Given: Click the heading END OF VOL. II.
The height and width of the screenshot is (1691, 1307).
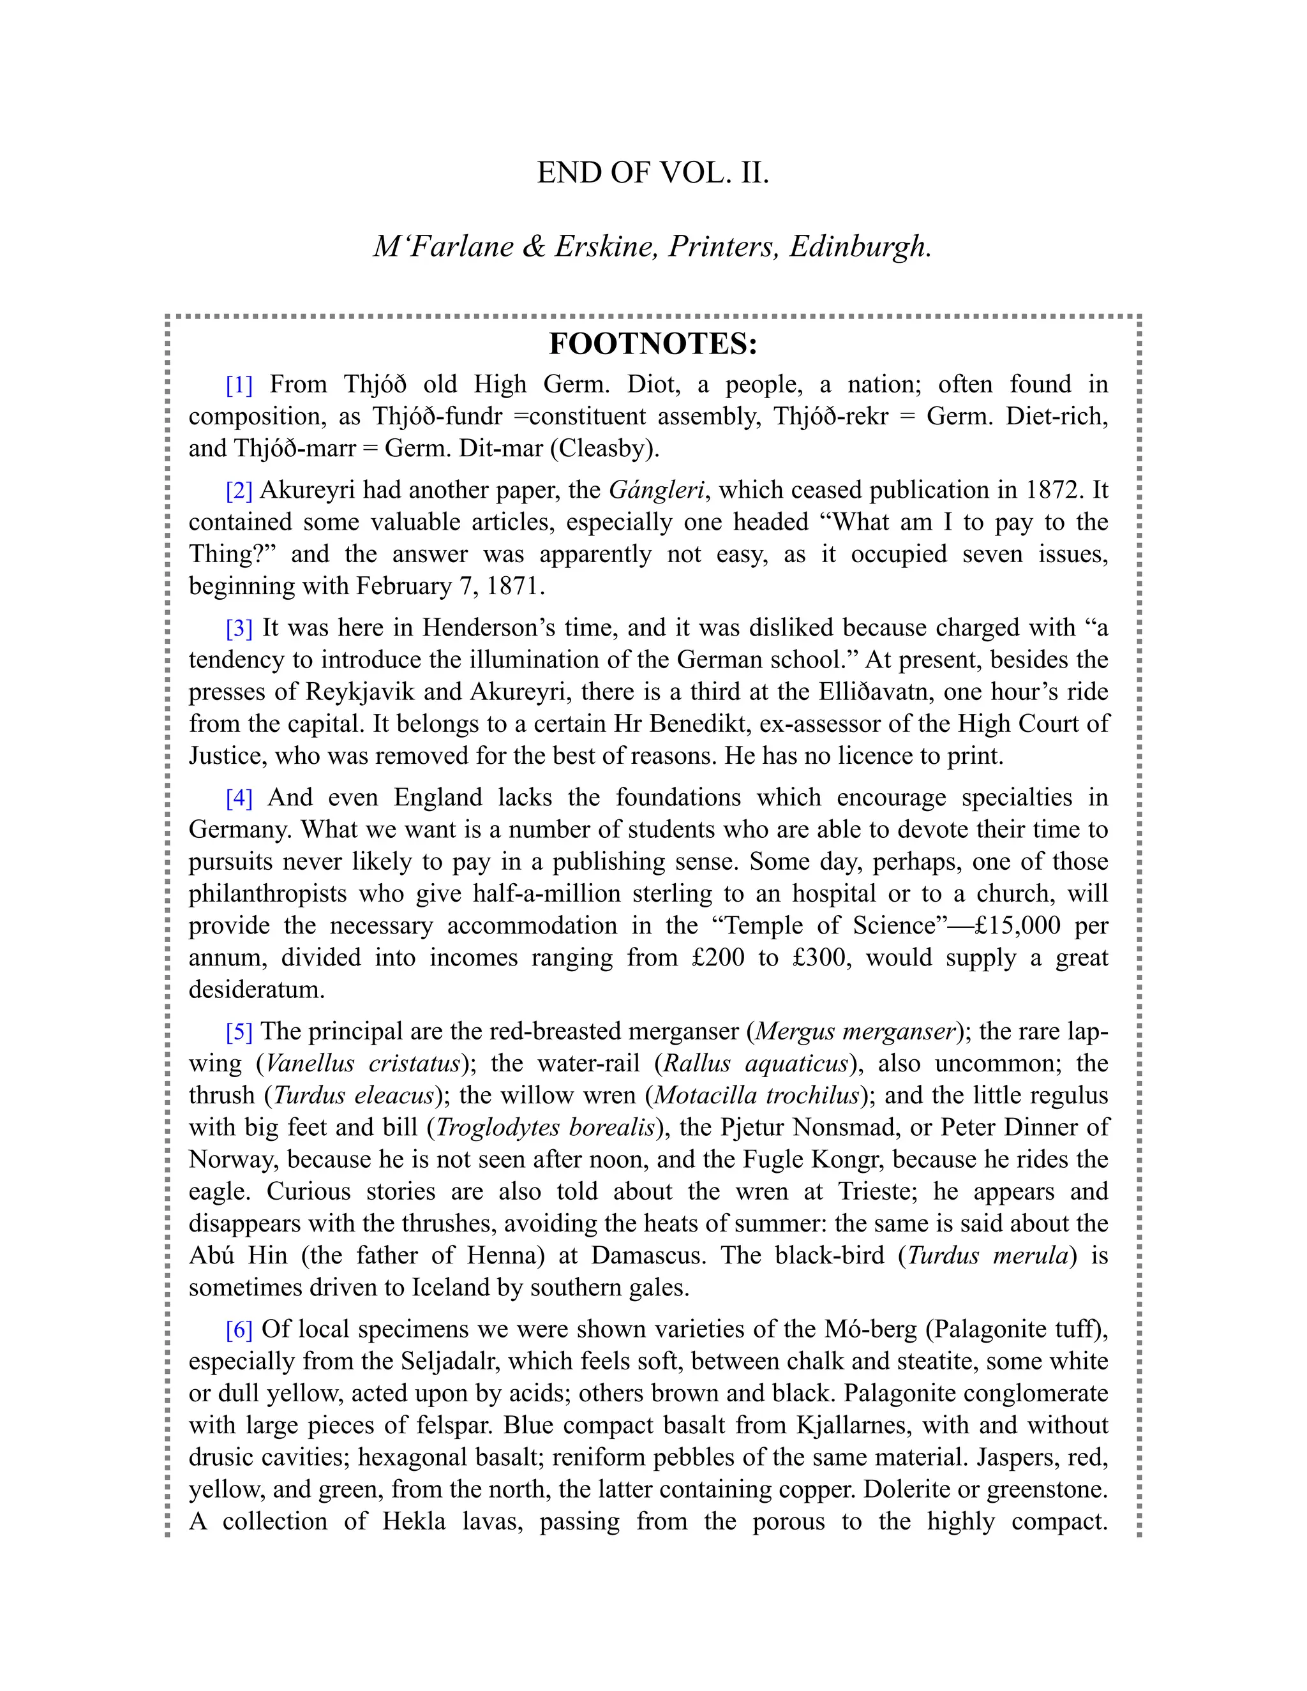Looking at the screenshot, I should pyautogui.click(x=653, y=173).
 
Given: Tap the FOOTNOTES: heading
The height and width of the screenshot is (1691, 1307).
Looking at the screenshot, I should pyautogui.click(x=653, y=344).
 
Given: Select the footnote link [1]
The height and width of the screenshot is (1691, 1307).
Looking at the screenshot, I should pyautogui.click(x=239, y=385).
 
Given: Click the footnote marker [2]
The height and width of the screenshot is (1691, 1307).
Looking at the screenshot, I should pyautogui.click(x=239, y=490).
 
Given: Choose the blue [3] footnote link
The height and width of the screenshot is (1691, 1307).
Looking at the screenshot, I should pyautogui.click(x=239, y=628).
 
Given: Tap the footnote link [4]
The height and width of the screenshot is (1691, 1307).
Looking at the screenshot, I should pyautogui.click(x=239, y=798).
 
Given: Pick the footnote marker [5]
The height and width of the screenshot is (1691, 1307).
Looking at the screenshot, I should pyautogui.click(x=239, y=1031).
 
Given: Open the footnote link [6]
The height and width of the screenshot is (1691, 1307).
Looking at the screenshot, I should pyautogui.click(x=239, y=1329).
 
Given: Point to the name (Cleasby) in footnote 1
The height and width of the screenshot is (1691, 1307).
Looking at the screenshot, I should pyautogui.click(x=604, y=449).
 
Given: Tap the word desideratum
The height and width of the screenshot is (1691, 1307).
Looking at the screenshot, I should pyautogui.click(x=257, y=990).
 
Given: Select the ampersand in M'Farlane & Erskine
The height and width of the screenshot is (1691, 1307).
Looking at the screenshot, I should pyautogui.click(x=533, y=246).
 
